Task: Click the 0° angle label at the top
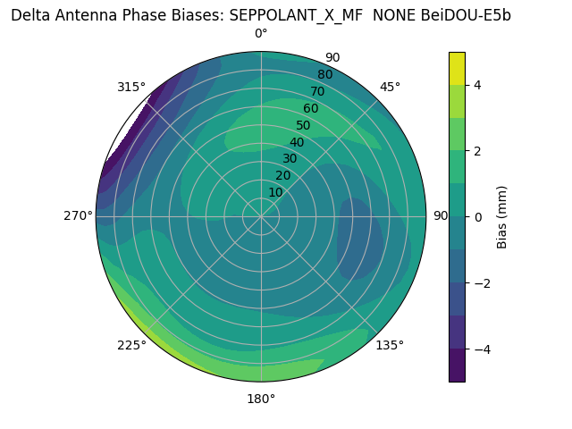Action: (x=261, y=34)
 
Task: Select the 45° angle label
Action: (x=390, y=87)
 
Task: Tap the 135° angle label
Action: (x=390, y=345)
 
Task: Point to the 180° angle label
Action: (x=261, y=399)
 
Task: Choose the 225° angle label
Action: (x=131, y=345)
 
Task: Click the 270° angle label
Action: (x=78, y=215)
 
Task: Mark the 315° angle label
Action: (x=131, y=87)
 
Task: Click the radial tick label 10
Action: (x=275, y=192)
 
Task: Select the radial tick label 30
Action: (x=290, y=159)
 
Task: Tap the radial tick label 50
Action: (x=304, y=126)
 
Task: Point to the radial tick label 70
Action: (x=317, y=92)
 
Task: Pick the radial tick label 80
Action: (x=324, y=75)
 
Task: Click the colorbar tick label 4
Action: (x=478, y=85)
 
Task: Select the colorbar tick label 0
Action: (x=478, y=217)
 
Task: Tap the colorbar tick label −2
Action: (x=482, y=283)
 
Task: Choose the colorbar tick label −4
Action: (x=482, y=349)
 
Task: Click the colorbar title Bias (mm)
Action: (x=502, y=217)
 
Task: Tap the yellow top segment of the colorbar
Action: (x=457, y=69)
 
